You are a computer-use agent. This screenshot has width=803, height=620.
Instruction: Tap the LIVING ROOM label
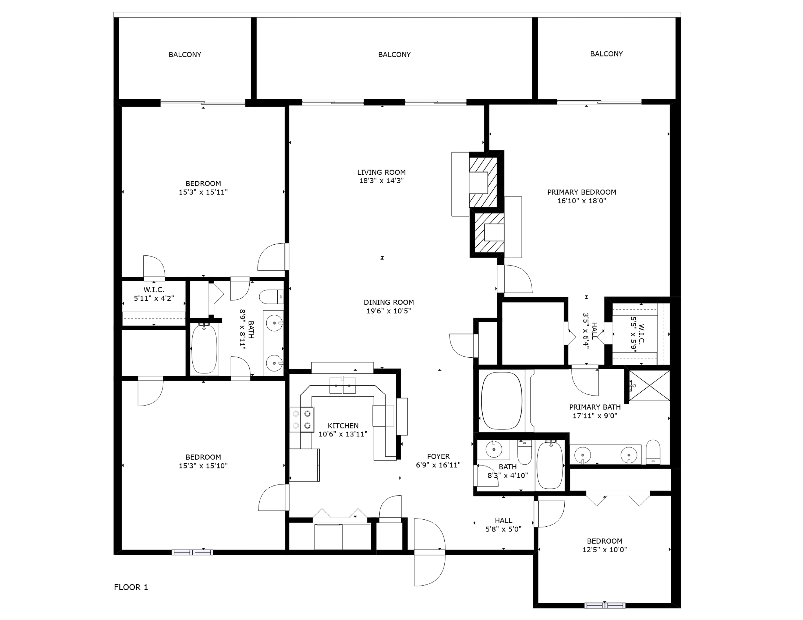pyautogui.click(x=381, y=172)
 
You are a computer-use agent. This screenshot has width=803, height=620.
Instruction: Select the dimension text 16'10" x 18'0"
pyautogui.click(x=582, y=201)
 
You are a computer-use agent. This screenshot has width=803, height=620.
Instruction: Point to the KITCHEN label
pyautogui.click(x=343, y=426)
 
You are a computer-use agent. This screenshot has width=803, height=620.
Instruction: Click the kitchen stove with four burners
pyautogui.click(x=302, y=420)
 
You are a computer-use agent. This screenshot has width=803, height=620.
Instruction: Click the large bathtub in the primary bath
pyautogui.click(x=501, y=401)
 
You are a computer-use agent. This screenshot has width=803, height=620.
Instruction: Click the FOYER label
pyautogui.click(x=438, y=456)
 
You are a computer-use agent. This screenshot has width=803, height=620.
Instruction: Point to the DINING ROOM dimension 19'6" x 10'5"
pyautogui.click(x=389, y=311)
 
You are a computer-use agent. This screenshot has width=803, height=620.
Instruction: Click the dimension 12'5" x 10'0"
pyautogui.click(x=604, y=550)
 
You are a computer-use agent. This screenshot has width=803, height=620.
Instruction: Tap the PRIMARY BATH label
pyautogui.click(x=595, y=407)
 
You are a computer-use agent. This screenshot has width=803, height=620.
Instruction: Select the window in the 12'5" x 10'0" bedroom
pyautogui.click(x=605, y=605)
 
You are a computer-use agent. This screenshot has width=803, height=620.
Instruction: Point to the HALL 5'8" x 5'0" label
pyautogui.click(x=503, y=525)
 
